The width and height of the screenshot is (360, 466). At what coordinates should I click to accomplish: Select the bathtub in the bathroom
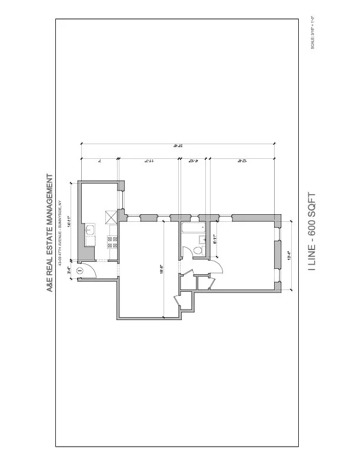[192, 229]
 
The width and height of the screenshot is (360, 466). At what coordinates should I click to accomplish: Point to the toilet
[197, 251]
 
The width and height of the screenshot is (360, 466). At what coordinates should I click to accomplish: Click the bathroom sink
[202, 238]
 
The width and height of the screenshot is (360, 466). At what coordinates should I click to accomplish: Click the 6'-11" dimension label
[216, 239]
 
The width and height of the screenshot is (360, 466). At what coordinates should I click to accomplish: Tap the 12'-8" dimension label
[241, 160]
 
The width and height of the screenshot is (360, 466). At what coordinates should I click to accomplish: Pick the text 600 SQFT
[312, 217]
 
